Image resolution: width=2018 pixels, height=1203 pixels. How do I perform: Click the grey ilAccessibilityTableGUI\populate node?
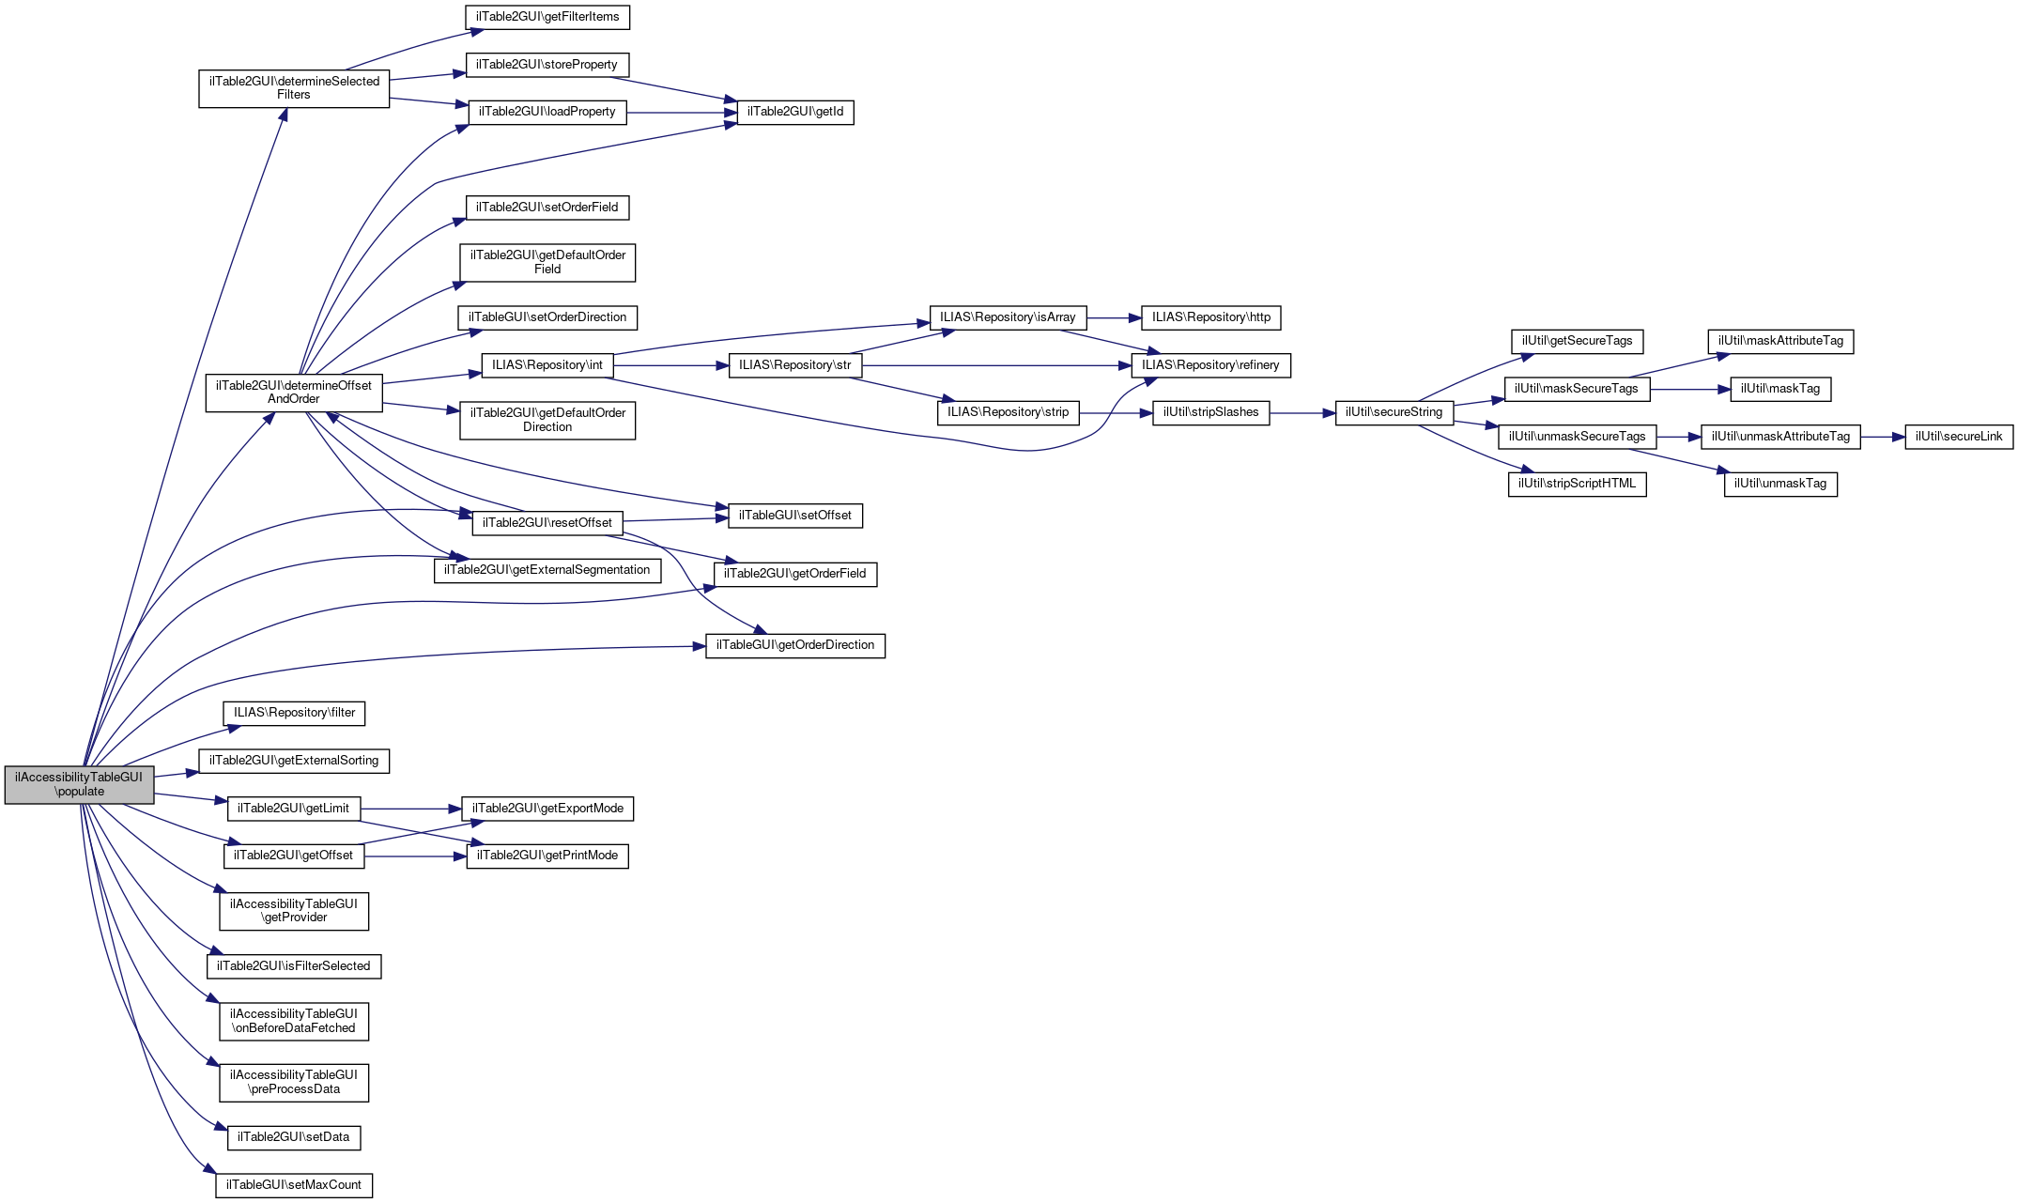point(79,784)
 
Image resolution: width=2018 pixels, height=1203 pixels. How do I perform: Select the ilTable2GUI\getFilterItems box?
point(547,17)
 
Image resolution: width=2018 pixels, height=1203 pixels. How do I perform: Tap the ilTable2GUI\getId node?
point(795,112)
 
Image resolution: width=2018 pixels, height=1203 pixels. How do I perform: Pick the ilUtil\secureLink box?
point(1959,437)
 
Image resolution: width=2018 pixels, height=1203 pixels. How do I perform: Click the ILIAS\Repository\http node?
point(1210,317)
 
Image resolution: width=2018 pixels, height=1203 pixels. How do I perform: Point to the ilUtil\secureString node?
point(1394,412)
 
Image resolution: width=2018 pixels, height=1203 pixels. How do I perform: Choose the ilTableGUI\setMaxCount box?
point(294,1185)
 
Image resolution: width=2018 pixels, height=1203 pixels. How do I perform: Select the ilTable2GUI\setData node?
point(294,1137)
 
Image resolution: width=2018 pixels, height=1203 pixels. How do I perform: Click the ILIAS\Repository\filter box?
point(294,713)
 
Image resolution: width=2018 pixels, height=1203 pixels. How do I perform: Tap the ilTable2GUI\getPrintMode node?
point(547,856)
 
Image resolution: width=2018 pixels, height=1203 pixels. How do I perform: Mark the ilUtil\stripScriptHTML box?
point(1577,484)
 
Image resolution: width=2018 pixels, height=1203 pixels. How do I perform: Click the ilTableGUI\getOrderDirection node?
point(795,645)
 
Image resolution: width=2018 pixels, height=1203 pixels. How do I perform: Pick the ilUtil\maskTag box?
point(1780,389)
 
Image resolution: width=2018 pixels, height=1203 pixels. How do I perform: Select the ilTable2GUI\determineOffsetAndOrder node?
point(294,393)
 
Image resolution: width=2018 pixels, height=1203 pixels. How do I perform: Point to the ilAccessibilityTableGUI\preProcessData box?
point(294,1082)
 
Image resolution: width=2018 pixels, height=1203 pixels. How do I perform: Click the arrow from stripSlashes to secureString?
point(1302,412)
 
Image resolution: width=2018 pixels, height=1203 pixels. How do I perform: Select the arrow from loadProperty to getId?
point(681,113)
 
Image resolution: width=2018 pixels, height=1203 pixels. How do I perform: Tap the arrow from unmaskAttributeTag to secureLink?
point(1882,437)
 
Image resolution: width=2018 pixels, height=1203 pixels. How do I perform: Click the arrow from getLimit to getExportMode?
point(410,809)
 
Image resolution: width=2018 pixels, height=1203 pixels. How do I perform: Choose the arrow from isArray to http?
point(1113,317)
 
